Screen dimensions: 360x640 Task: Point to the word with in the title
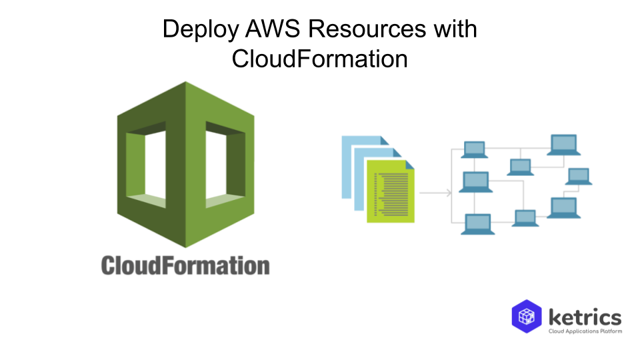point(455,30)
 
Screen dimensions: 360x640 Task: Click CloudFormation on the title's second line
point(320,59)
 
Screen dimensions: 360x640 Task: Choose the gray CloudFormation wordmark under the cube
point(185,265)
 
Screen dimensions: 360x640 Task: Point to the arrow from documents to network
point(437,193)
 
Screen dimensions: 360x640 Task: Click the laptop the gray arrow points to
point(475,181)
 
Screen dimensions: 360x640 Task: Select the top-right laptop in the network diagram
point(562,144)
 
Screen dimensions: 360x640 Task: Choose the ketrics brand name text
point(585,316)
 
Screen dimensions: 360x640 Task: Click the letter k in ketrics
point(555,316)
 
